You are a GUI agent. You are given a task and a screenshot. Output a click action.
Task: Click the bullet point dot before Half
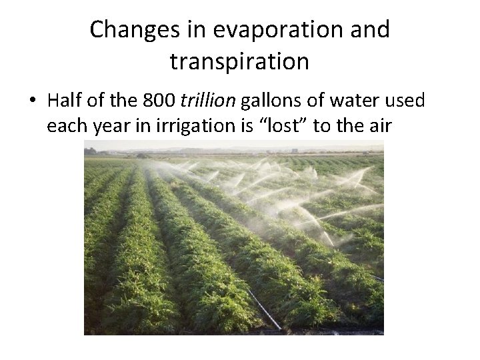pyautogui.click(x=33, y=101)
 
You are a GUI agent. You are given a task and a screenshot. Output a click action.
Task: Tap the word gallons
pyautogui.click(x=271, y=101)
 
